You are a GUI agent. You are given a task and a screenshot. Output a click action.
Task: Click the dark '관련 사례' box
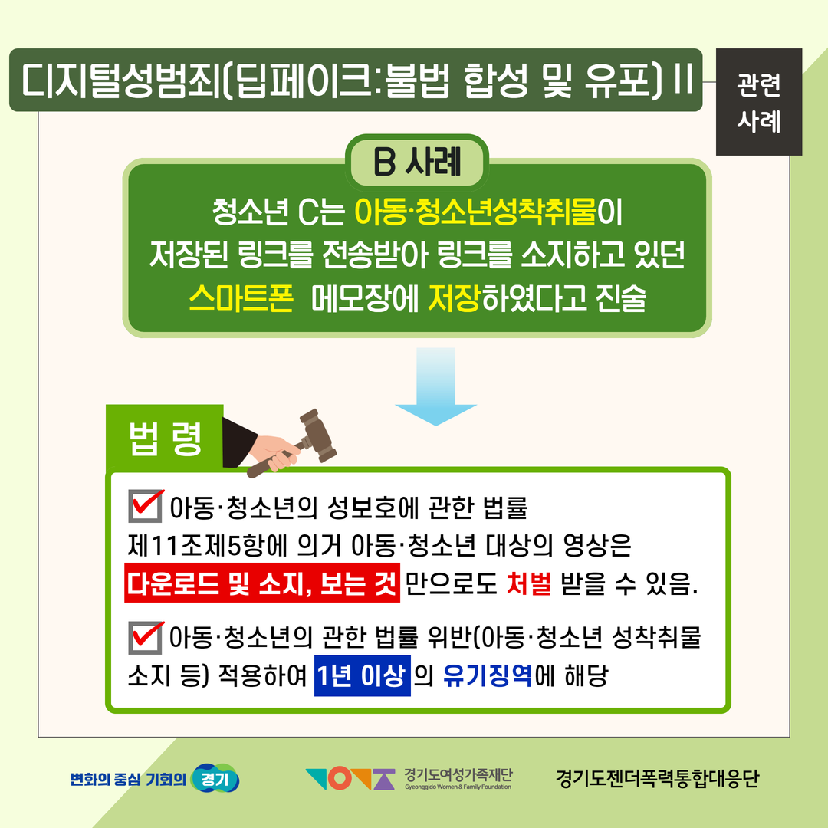coord(759,102)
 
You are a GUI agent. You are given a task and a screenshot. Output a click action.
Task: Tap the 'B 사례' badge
coord(417,162)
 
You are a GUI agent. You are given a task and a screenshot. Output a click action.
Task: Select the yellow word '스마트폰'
coord(241,298)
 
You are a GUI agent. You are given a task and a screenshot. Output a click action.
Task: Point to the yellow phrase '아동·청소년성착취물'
coord(475,212)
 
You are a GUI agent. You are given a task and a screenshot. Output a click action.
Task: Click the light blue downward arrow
coord(436,386)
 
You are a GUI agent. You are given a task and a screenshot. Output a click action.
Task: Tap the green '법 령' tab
coord(165,439)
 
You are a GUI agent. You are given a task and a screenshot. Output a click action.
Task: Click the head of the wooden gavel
coord(318,435)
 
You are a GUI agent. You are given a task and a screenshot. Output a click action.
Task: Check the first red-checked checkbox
coord(145,507)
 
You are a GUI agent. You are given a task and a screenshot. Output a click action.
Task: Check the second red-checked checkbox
coord(145,637)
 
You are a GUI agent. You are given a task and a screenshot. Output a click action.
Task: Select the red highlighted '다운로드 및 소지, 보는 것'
coord(262,583)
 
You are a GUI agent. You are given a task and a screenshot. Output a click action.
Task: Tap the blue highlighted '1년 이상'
coord(362,675)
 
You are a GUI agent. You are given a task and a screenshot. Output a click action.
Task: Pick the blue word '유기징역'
coord(488,675)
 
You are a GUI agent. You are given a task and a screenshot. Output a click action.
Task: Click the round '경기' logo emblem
coord(215,778)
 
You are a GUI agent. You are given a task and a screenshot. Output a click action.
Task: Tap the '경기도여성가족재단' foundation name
coord(458,774)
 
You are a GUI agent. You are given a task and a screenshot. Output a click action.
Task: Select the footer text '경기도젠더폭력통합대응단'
coord(657,778)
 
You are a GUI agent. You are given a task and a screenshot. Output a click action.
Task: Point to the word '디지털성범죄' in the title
coord(120,80)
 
